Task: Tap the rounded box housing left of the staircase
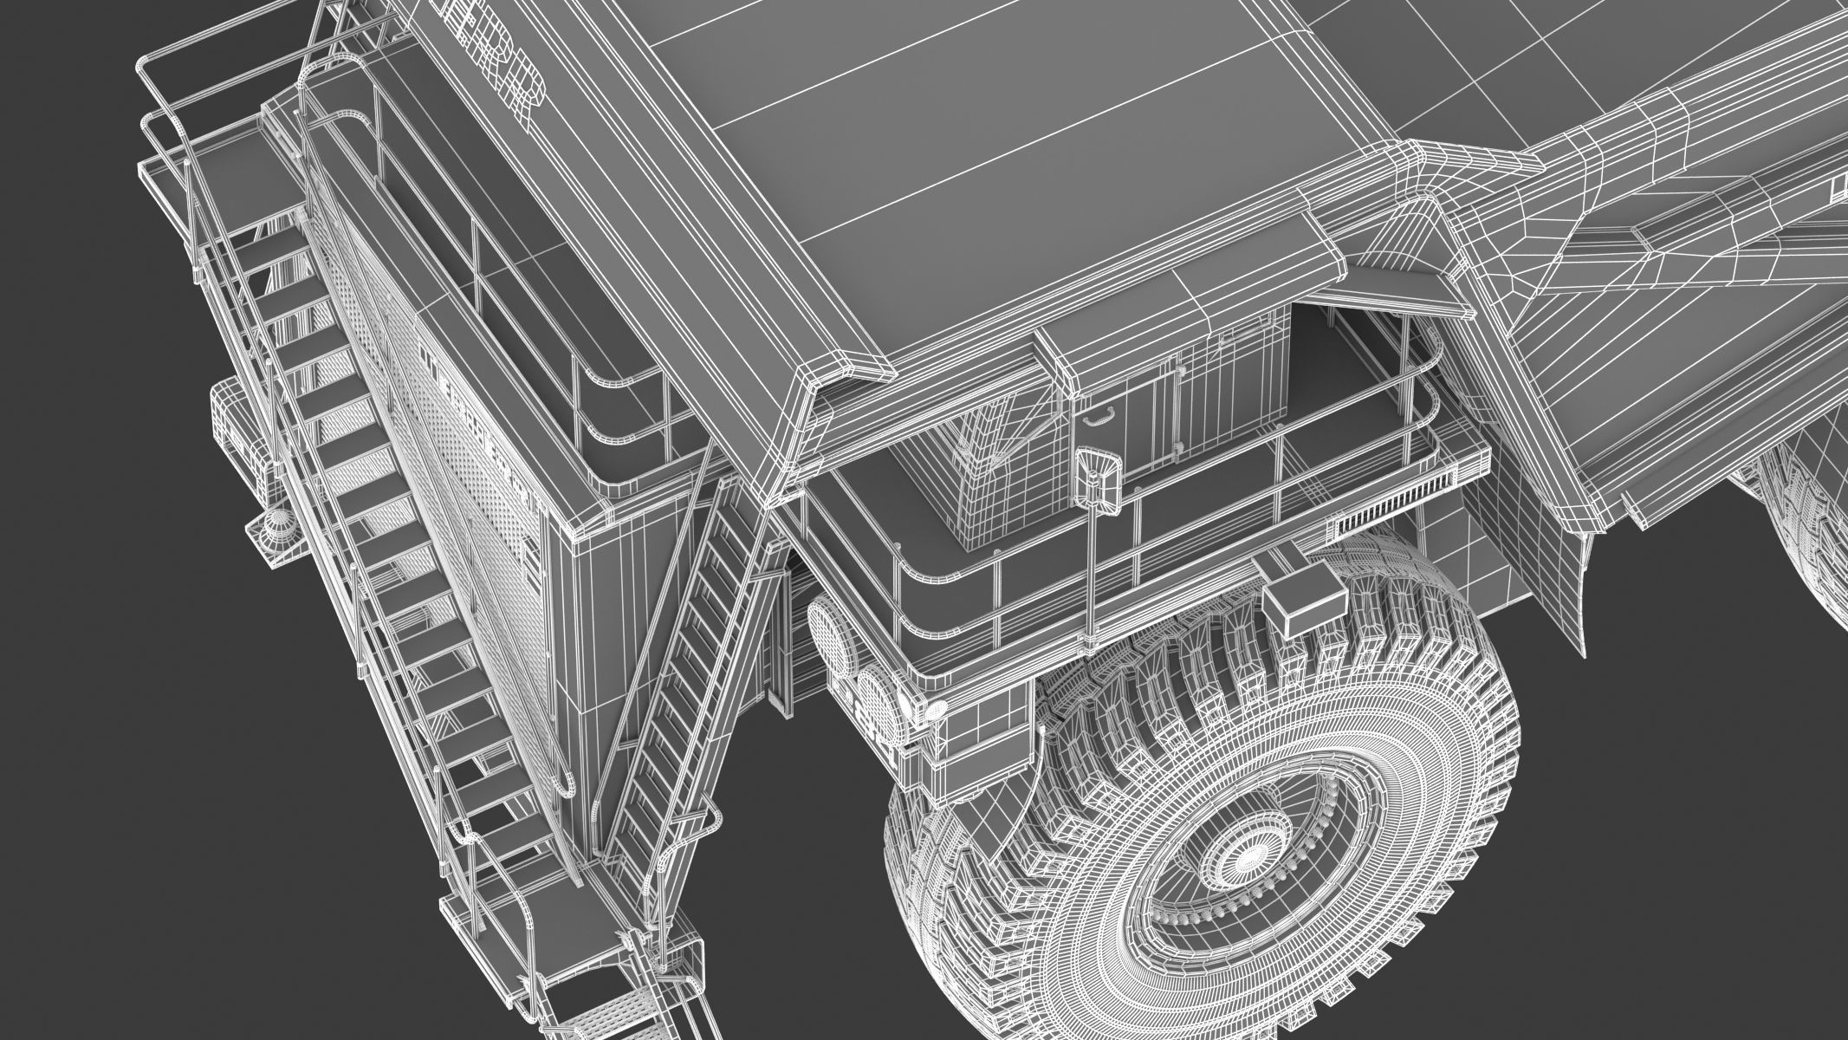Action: (232, 425)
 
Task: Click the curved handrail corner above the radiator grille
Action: (606, 407)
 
